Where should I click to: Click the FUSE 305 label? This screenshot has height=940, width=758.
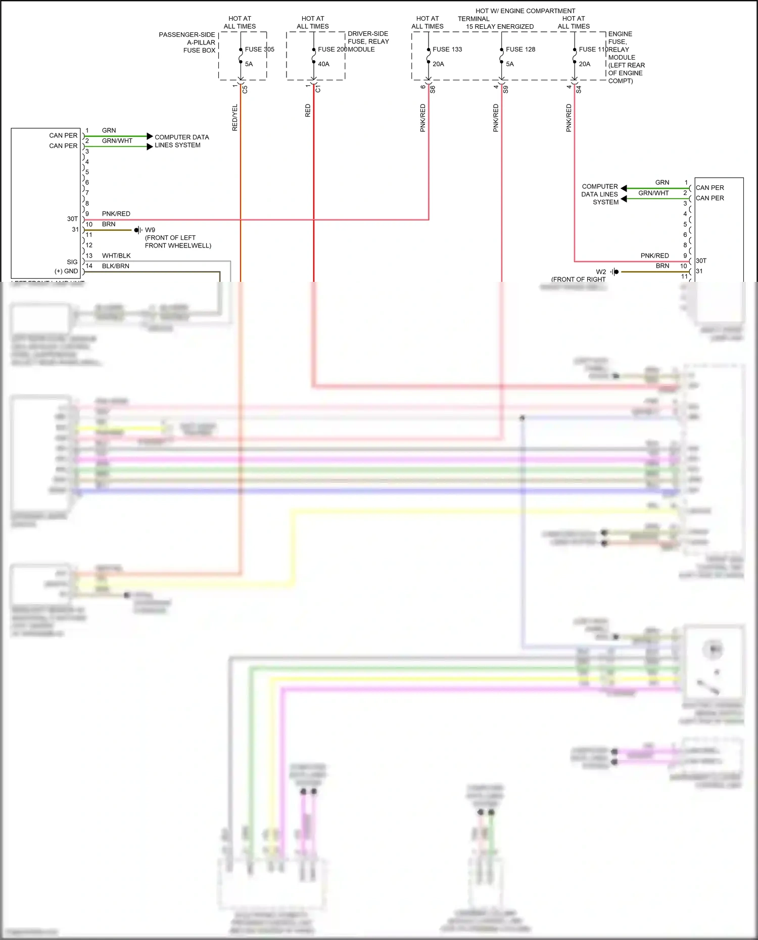pyautogui.click(x=259, y=49)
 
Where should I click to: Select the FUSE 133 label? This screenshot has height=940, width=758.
pyautogui.click(x=447, y=49)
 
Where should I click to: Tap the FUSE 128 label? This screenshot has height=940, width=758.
pyautogui.click(x=520, y=49)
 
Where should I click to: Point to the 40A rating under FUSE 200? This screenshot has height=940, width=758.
pyautogui.click(x=323, y=64)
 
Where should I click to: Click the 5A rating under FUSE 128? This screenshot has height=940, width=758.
pyautogui.click(x=509, y=64)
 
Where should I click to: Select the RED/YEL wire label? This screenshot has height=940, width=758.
pyautogui.click(x=234, y=118)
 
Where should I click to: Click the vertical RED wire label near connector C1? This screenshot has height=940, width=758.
pyautogui.click(x=308, y=111)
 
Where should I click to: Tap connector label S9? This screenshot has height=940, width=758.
pyautogui.click(x=505, y=89)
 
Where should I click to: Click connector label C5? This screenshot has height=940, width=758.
pyautogui.click(x=245, y=89)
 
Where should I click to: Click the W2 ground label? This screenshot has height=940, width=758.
pyautogui.click(x=600, y=272)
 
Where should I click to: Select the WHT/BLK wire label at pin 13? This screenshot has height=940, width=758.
pyautogui.click(x=116, y=256)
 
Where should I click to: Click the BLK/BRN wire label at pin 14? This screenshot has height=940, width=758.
pyautogui.click(x=115, y=266)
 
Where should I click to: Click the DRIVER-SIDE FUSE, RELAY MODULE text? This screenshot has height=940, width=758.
pyautogui.click(x=368, y=41)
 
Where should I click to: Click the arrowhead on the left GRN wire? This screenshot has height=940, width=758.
pyautogui.click(x=150, y=136)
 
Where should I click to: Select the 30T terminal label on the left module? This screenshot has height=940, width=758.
pyautogui.click(x=72, y=219)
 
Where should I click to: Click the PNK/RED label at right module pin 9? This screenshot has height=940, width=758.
pyautogui.click(x=654, y=256)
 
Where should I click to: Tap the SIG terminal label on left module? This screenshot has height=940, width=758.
pyautogui.click(x=72, y=262)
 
